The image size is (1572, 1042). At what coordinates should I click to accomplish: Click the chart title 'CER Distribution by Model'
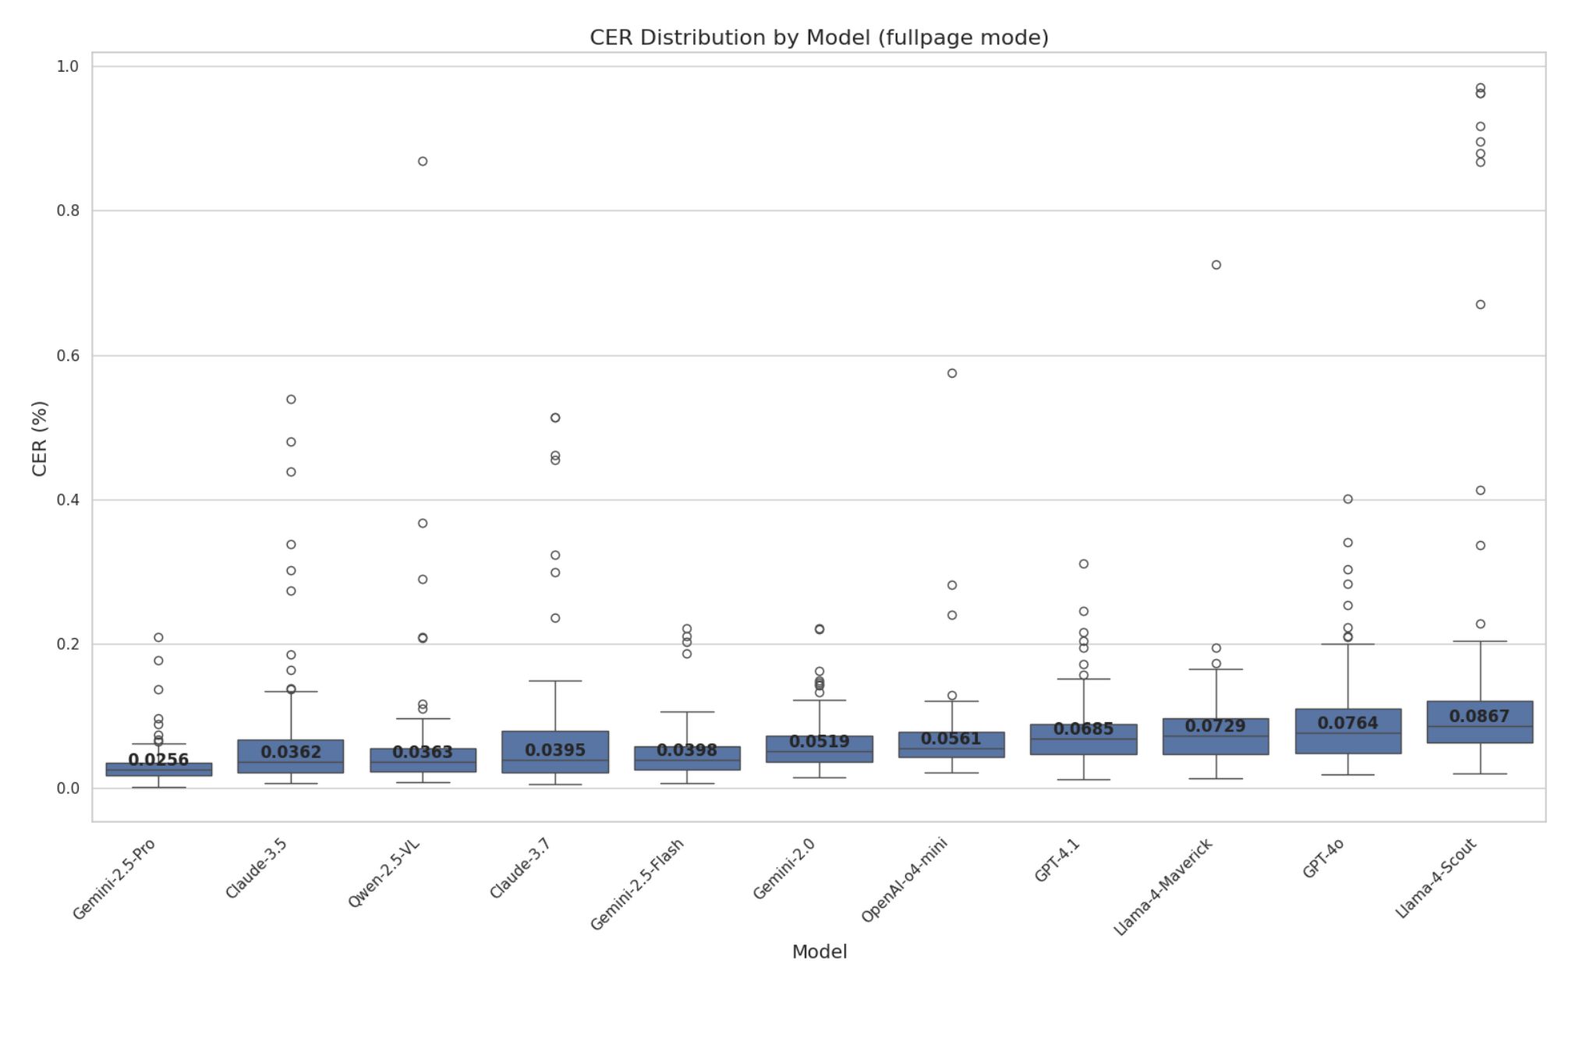pos(819,37)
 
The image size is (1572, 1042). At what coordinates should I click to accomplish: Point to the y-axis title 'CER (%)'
pos(40,438)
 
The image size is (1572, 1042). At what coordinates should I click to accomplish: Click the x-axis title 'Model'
pos(819,952)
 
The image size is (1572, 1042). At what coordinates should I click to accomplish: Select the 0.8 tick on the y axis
pos(68,211)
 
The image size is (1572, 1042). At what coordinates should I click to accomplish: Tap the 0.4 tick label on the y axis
pos(68,500)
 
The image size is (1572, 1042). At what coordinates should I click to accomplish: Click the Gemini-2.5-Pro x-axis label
pos(115,879)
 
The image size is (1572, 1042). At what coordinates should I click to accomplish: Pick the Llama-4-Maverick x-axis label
pos(1163,887)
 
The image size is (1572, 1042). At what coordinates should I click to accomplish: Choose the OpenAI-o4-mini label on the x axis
pos(905,880)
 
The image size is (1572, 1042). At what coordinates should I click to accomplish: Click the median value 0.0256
pos(158,760)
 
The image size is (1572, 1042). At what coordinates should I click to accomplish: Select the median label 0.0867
pos(1479,716)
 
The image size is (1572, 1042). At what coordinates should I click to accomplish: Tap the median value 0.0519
pos(819,742)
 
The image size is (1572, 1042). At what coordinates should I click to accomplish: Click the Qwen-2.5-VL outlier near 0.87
pos(423,161)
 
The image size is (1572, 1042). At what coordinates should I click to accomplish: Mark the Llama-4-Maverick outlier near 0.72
pos(1216,265)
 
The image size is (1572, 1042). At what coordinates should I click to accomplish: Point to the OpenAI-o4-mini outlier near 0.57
pos(952,374)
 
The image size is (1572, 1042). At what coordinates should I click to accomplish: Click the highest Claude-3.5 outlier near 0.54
pos(291,399)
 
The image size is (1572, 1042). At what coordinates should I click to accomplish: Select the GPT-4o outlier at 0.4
pos(1347,499)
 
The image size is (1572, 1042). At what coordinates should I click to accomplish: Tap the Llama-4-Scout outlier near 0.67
pos(1480,305)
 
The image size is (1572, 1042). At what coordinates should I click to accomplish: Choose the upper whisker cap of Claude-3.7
pos(555,681)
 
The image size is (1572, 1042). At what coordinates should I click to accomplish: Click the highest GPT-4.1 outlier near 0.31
pos(1084,564)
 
